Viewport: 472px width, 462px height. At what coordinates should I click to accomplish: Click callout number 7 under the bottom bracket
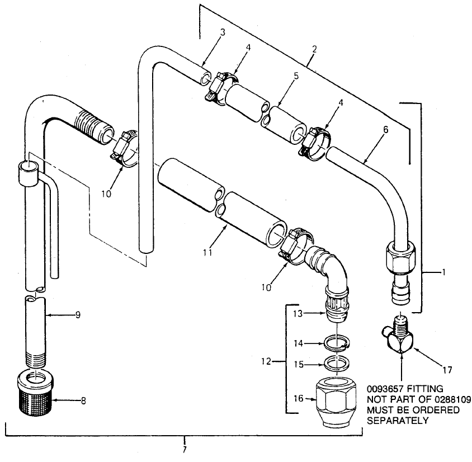point(185,448)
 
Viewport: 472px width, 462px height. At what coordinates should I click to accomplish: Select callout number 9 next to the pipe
point(78,315)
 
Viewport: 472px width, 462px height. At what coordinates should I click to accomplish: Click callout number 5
point(297,73)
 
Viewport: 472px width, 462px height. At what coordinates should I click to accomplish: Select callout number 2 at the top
point(315,49)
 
